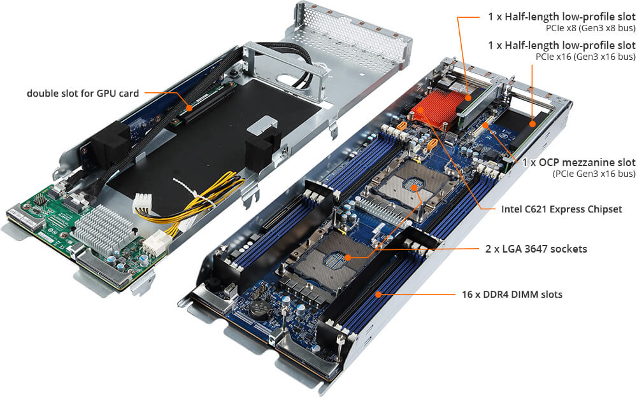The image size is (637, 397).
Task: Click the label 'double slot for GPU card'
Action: pos(83,94)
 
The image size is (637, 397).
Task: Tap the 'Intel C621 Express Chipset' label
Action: pos(561,209)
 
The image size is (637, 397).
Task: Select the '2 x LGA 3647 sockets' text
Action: pos(536,249)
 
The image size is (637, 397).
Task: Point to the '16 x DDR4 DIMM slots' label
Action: pos(512,295)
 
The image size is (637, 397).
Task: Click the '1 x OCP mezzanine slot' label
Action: pos(579,162)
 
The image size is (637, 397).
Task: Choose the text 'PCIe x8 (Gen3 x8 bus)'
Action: pos(590,29)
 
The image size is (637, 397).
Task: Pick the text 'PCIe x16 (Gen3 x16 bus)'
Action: pos(585,57)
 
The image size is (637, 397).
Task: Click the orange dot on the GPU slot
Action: pos(190,108)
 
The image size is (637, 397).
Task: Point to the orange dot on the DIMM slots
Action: pos(378,295)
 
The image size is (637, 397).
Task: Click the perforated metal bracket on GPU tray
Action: pos(349,32)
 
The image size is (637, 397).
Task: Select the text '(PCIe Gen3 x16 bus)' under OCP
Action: pos(594,174)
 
